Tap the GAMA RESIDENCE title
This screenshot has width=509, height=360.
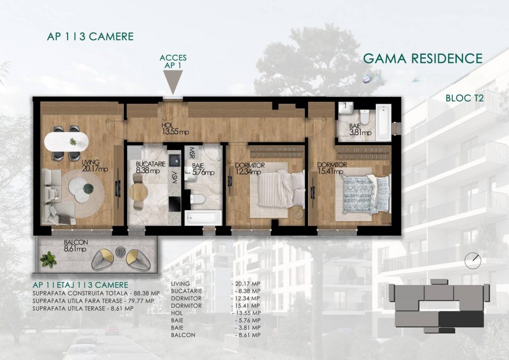tap(423, 59)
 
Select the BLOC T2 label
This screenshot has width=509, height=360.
tap(465, 98)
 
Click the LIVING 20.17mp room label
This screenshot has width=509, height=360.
tap(95, 166)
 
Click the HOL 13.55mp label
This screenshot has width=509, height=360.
tap(175, 129)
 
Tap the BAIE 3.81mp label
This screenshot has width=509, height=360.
tap(360, 129)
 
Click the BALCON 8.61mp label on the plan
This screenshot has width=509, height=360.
tap(76, 246)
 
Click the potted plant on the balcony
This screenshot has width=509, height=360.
tap(48, 260)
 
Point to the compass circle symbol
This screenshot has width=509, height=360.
tap(473, 261)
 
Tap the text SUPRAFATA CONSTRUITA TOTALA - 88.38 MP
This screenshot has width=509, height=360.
tap(96, 293)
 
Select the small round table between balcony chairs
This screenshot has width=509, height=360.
tap(120, 252)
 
